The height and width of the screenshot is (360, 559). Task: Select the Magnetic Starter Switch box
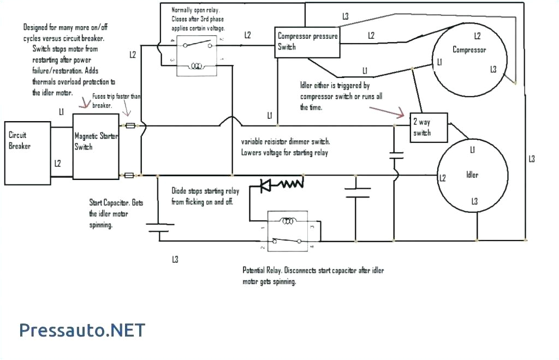(x=96, y=147)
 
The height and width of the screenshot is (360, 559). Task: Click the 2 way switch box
(x=429, y=128)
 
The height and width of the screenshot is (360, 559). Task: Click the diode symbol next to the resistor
(x=267, y=185)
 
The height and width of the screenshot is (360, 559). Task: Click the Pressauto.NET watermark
(x=82, y=329)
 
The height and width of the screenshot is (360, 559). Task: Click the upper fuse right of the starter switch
(x=130, y=125)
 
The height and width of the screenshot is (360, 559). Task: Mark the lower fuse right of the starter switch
(x=130, y=176)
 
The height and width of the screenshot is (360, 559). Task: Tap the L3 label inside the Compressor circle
(x=493, y=69)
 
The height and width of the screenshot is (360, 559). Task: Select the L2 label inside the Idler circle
(x=442, y=178)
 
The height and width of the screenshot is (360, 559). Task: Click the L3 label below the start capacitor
(x=175, y=260)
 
